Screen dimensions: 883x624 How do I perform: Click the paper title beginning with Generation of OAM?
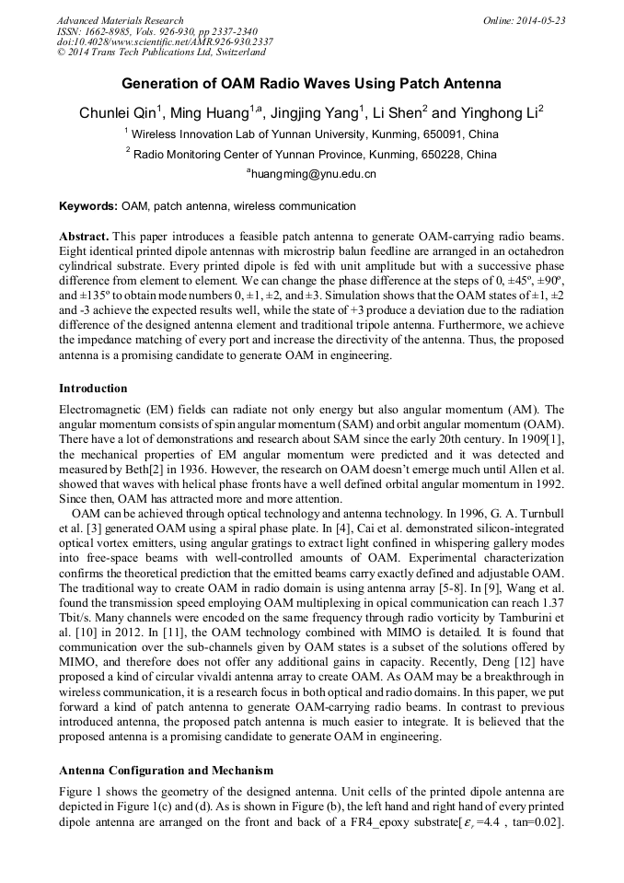311,84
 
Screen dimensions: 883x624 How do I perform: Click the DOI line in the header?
165,41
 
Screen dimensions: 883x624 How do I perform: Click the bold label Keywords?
87,206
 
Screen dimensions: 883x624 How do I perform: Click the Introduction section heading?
93,389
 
